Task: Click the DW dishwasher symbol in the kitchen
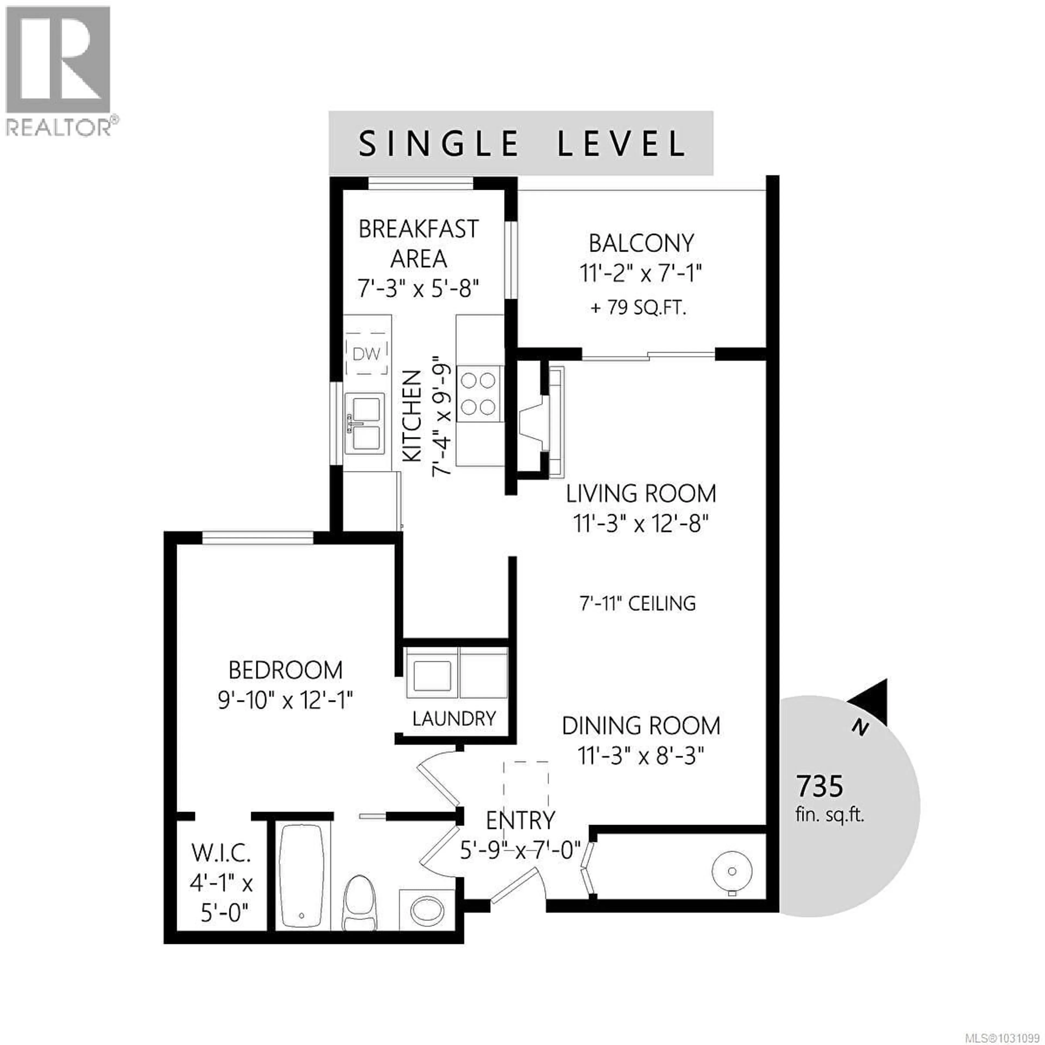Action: pyautogui.click(x=367, y=354)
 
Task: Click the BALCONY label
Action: pyautogui.click(x=641, y=243)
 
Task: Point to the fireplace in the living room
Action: pyautogui.click(x=541, y=422)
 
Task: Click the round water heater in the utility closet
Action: pyautogui.click(x=731, y=871)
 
